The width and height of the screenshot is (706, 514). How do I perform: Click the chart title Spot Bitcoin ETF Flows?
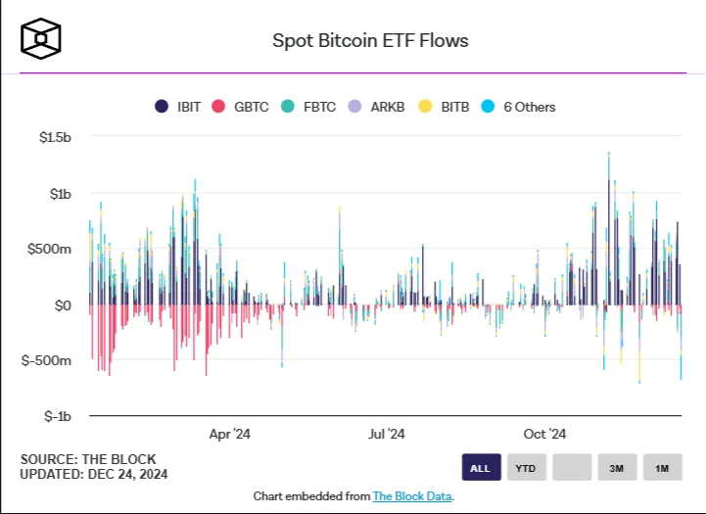pos(370,40)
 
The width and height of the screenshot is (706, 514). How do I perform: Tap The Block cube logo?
pos(40,39)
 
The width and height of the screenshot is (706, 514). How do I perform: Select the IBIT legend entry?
pos(178,107)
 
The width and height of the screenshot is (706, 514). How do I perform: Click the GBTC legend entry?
pos(240,107)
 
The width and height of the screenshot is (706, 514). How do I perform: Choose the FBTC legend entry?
pos(308,107)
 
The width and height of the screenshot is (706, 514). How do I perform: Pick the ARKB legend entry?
pos(376,107)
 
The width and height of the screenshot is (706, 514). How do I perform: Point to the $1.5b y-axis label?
pos(55,137)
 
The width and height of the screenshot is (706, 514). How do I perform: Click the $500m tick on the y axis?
pos(49,249)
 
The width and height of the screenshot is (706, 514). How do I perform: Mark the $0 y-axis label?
pos(63,305)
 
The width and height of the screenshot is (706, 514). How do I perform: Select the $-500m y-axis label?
pos(46,360)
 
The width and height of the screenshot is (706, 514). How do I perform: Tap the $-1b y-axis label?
pos(57,416)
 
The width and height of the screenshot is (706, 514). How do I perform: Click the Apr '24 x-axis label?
pos(230,434)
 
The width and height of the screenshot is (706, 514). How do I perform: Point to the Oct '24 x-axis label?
pos(544,434)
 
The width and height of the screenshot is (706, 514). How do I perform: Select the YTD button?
pos(527,468)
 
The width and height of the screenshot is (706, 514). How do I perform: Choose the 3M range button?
pos(617,468)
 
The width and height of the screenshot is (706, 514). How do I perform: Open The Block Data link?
pos(412,496)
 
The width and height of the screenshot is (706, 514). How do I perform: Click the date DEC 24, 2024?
pos(127,474)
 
